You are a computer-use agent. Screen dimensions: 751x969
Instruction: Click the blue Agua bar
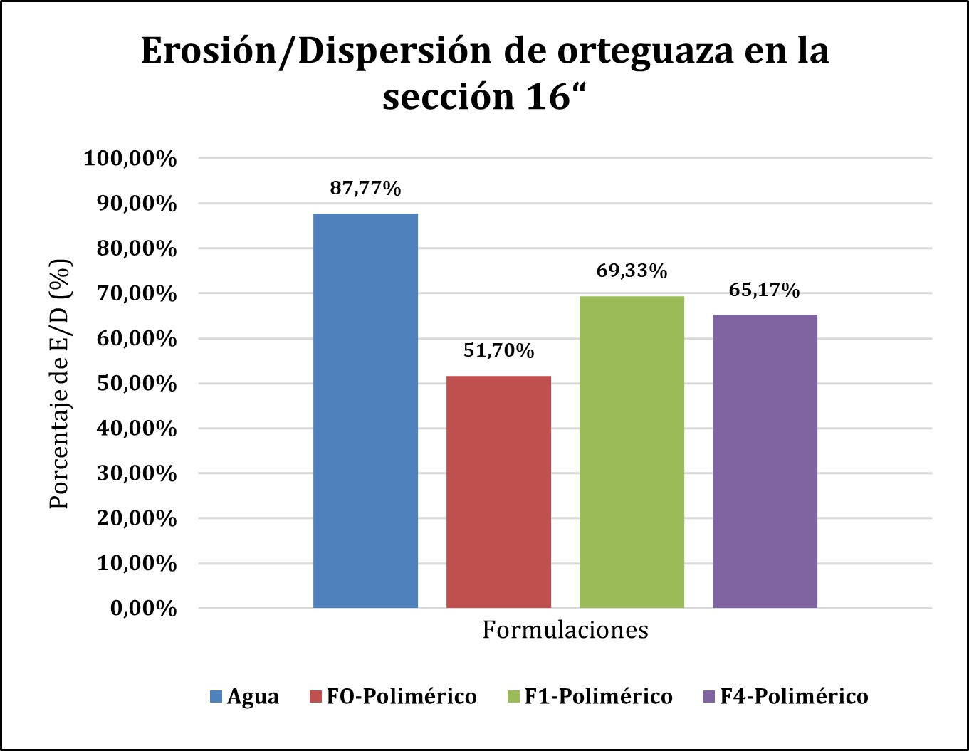click(x=365, y=411)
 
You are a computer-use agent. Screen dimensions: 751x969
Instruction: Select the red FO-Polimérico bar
click(x=498, y=492)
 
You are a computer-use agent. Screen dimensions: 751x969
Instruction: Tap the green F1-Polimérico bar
click(x=632, y=452)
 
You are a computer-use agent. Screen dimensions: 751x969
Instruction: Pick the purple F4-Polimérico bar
click(x=765, y=461)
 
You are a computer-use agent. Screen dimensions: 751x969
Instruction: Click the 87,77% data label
click(x=365, y=189)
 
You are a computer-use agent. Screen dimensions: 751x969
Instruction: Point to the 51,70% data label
click(x=498, y=350)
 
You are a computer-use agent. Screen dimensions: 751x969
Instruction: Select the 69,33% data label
click(x=632, y=271)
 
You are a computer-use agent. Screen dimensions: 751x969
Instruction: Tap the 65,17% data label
click(x=765, y=290)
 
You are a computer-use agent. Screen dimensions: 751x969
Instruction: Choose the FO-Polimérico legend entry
click(x=393, y=696)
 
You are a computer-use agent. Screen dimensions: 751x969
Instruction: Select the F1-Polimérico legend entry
click(x=590, y=696)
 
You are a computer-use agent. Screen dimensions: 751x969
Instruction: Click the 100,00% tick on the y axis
click(x=130, y=159)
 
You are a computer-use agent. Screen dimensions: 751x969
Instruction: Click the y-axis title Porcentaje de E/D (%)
click(x=61, y=383)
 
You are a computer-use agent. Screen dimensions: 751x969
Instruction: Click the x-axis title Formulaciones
click(x=565, y=630)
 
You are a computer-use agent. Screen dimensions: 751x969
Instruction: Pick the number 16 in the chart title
click(x=534, y=97)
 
